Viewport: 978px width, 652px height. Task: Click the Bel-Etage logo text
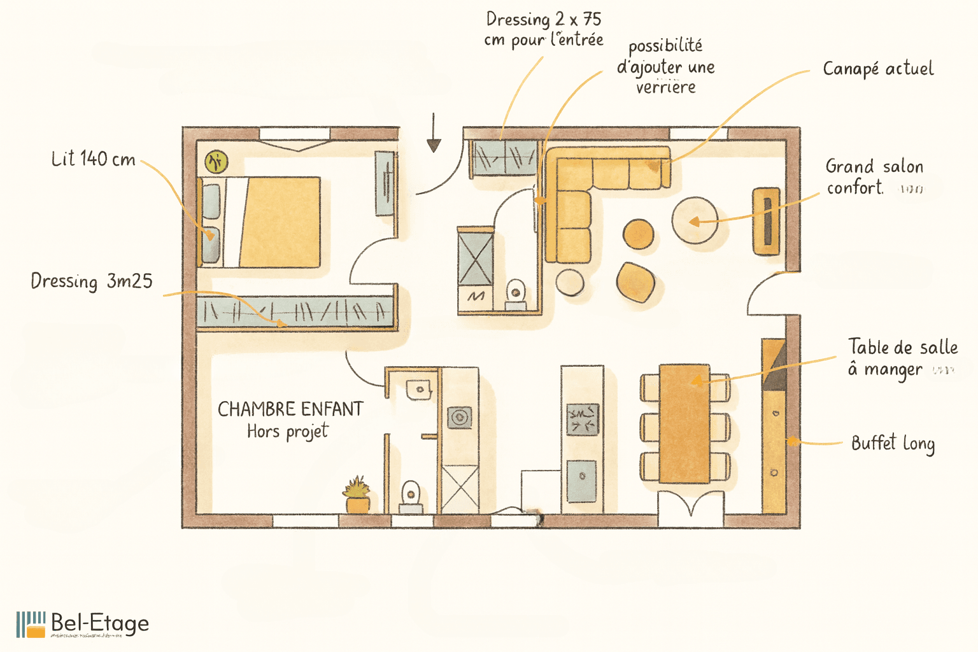tap(99, 623)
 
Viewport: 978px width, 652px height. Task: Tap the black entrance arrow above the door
tap(434, 134)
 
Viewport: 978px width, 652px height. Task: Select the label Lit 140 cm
tap(94, 159)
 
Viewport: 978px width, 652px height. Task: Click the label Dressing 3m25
tap(92, 281)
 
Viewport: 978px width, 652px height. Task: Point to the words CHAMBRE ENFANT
tap(290, 409)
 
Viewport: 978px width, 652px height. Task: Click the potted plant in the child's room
tap(357, 495)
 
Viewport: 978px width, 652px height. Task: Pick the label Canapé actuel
tap(878, 69)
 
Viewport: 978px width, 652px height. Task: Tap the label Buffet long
tap(893, 443)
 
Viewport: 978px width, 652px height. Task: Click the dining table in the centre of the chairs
tap(684, 423)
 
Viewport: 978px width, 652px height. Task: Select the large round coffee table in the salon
tap(695, 220)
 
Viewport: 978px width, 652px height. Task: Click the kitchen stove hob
tap(583, 420)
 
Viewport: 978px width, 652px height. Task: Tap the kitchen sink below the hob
tap(581, 480)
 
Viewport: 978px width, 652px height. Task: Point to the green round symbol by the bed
tap(216, 162)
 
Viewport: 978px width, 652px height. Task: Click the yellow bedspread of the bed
tap(281, 222)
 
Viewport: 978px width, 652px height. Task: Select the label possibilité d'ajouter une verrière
tap(665, 66)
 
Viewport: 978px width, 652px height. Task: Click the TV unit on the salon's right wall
tap(767, 221)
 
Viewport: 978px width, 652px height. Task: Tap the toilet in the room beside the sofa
tap(515, 294)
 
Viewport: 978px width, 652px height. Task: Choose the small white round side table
tap(569, 281)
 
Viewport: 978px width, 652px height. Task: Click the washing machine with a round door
tap(460, 418)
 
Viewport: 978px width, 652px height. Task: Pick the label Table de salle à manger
tap(902, 358)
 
